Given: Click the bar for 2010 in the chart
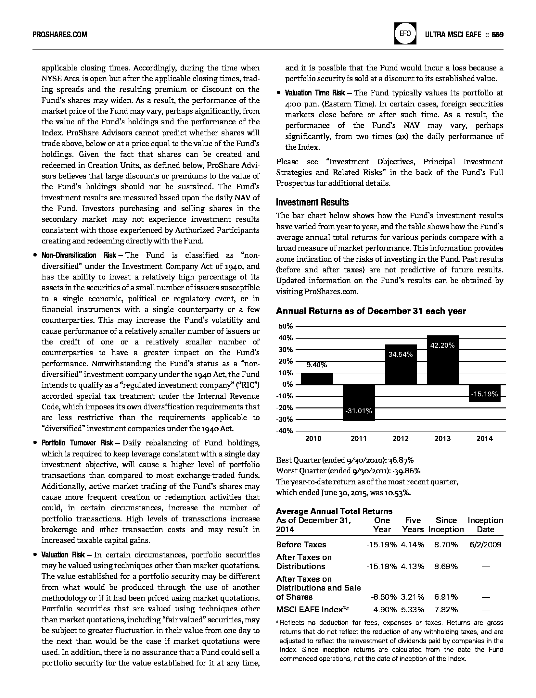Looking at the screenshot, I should point(317,379).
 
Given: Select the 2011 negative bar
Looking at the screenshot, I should point(359,403).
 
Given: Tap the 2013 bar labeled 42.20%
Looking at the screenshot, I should point(442,360).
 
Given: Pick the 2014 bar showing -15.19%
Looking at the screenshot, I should point(484,393).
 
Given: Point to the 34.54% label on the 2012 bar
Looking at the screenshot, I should point(401,355).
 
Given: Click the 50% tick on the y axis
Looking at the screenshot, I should point(286,326).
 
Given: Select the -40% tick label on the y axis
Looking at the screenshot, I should point(285,431).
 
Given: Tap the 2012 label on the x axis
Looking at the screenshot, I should point(401,439).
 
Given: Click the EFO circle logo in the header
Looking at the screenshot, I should point(405,34).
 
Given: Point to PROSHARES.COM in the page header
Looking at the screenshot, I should point(60,34).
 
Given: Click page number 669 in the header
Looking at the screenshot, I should point(497,34).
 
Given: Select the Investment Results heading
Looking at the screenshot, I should point(312,202).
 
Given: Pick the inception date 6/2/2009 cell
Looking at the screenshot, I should point(485,544).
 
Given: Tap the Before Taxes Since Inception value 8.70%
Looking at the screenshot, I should point(446,544).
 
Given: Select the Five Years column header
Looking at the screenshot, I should point(413,525).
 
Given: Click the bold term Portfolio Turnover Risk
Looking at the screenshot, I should point(77,443).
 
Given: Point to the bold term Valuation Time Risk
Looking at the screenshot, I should point(315,93).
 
